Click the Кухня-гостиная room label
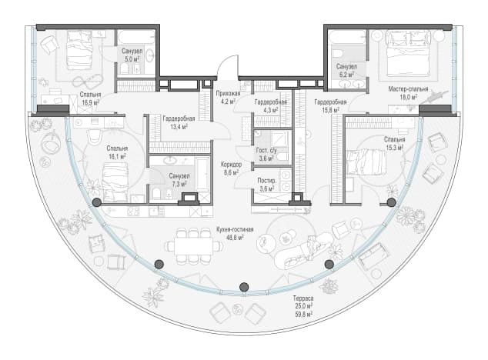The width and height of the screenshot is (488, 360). pyautogui.click(x=235, y=230)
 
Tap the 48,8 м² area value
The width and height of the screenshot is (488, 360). pyautogui.click(x=235, y=237)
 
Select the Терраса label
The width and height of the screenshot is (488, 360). pyautogui.click(x=303, y=298)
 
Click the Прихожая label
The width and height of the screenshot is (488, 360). pyautogui.click(x=228, y=93)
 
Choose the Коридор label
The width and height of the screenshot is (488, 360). pyautogui.click(x=231, y=165)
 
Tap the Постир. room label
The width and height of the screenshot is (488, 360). pyautogui.click(x=267, y=181)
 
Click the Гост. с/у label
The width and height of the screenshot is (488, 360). pyautogui.click(x=266, y=151)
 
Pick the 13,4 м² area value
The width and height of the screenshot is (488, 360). pyautogui.click(x=179, y=127)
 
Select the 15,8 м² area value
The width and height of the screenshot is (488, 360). pyautogui.click(x=330, y=109)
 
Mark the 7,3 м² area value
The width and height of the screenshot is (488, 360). pyautogui.click(x=179, y=184)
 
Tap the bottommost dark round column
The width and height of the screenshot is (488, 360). pyautogui.click(x=244, y=287)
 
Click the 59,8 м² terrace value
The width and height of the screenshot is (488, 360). pyautogui.click(x=303, y=315)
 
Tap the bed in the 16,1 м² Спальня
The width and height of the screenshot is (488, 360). pyautogui.click(x=115, y=182)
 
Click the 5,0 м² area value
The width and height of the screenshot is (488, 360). pyautogui.click(x=132, y=59)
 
